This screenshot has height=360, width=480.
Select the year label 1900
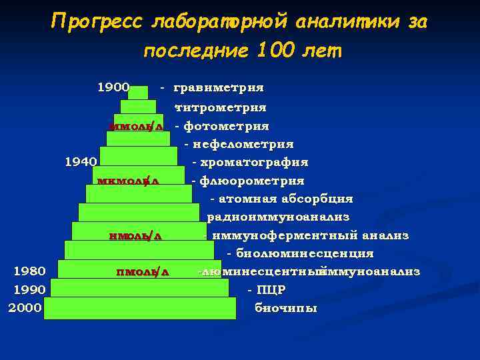[113, 87]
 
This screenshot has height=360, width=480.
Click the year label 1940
[81, 161]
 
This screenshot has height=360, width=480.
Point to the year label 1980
[30, 271]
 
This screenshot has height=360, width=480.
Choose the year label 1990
[30, 290]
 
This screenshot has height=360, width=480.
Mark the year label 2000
[25, 308]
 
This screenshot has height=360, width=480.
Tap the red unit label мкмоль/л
[127, 181]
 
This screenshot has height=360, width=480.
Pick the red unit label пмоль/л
[143, 271]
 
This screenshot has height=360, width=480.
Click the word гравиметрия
[218, 87]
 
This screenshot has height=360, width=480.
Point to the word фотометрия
[226, 126]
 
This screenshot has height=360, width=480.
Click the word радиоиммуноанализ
[278, 217]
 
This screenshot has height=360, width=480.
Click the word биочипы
[286, 308]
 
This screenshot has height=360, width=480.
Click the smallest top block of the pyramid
[138, 93]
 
